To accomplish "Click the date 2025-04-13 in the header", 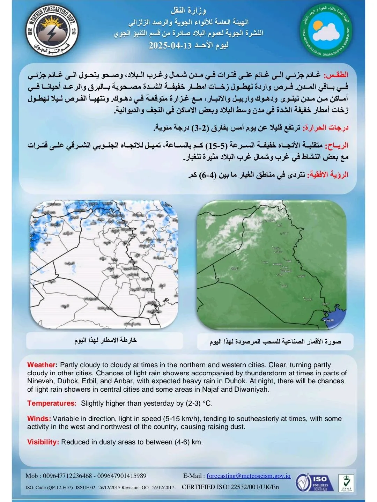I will click(x=170, y=46).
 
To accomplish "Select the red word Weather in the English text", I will click(x=41, y=365).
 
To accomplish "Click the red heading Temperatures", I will click(x=52, y=403).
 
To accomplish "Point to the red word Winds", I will click(x=39, y=419).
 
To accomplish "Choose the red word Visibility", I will click(x=43, y=442).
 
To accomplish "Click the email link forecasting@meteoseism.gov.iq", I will click(x=249, y=476).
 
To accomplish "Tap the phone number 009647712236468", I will click(x=68, y=476).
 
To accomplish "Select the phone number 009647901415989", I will click(x=122, y=476).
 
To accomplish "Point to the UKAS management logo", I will click(x=346, y=483).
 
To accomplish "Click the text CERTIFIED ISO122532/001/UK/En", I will click(x=230, y=487).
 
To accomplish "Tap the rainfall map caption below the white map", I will click(x=105, y=340).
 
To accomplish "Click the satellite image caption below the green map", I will click(x=275, y=341).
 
